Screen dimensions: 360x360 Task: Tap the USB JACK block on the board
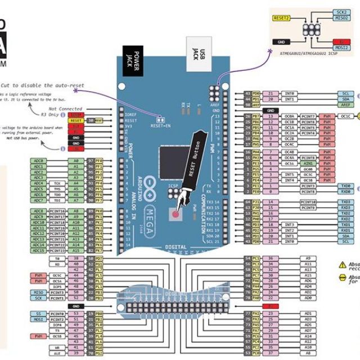tap(195, 52)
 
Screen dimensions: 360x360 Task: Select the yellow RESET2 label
tap(281, 19)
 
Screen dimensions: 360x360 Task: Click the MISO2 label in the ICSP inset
tap(341, 19)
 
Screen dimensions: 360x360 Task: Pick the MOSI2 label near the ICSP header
tap(341, 48)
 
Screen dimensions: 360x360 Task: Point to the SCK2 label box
tap(341, 12)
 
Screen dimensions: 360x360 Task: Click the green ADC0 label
tap(38, 161)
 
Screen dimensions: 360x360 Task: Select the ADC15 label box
tap(38, 251)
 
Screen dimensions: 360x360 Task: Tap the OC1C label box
tap(345, 116)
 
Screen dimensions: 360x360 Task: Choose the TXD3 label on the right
tap(345, 202)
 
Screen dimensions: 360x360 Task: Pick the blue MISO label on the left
tap(38, 292)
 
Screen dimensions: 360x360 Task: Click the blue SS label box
tap(38, 313)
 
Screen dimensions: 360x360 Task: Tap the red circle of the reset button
tap(175, 214)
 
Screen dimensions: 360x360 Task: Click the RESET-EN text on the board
tap(161, 126)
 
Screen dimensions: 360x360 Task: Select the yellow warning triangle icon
tap(342, 264)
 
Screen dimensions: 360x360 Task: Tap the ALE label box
tap(57, 354)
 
